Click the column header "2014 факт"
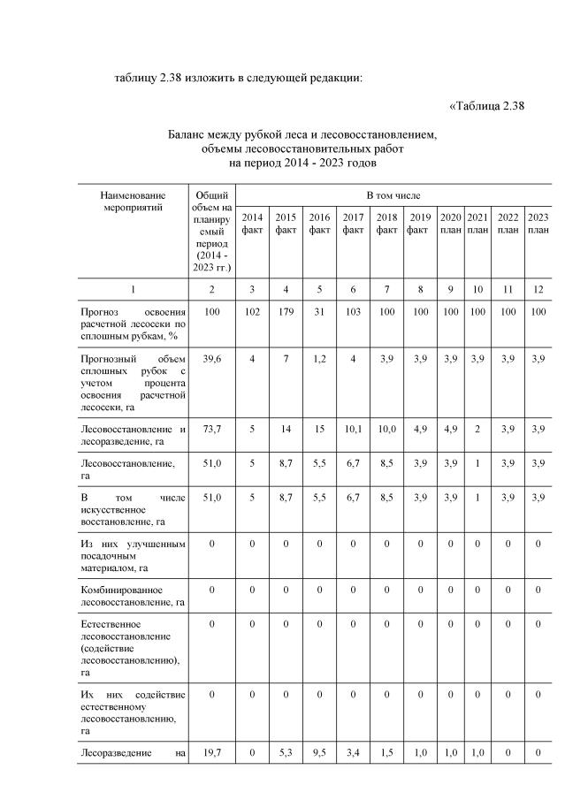(x=252, y=224)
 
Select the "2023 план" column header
(x=538, y=224)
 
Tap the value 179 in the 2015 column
(x=286, y=312)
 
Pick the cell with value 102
(x=252, y=312)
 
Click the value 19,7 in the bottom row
(x=212, y=752)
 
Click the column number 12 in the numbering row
(x=538, y=289)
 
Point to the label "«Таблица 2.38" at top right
(x=487, y=107)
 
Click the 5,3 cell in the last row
(x=286, y=752)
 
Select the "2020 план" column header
(x=451, y=224)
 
